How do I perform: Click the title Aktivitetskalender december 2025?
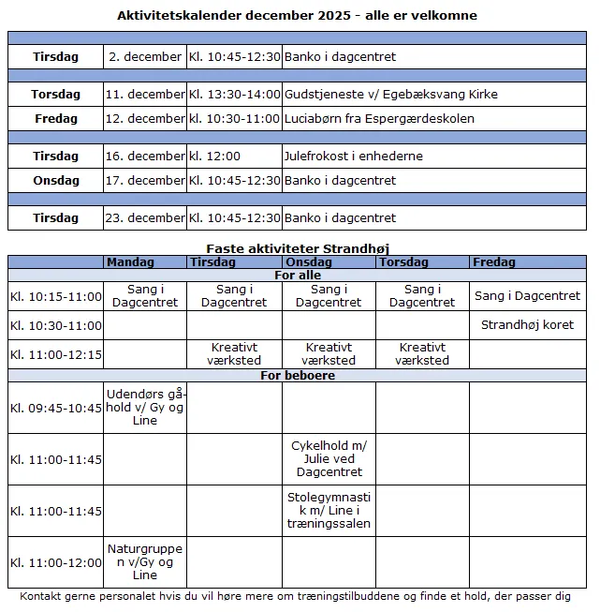click(297, 15)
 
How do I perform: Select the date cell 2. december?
click(145, 57)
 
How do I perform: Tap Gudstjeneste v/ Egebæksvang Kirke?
click(390, 95)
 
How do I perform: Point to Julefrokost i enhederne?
click(353, 157)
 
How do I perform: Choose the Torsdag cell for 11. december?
click(56, 95)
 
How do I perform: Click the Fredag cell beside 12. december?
click(56, 119)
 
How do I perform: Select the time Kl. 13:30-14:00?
click(235, 95)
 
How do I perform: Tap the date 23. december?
click(145, 218)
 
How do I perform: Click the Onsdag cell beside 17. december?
click(56, 181)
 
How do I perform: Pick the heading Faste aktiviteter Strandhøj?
click(298, 248)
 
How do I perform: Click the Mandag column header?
click(129, 262)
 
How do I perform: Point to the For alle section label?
click(298, 276)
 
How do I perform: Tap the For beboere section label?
click(298, 376)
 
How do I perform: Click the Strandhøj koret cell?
click(527, 325)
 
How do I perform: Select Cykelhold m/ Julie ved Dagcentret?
click(328, 459)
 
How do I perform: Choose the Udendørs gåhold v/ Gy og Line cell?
click(145, 408)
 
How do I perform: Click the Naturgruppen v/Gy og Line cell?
click(145, 562)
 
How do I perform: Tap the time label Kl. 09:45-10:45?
click(56, 409)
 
